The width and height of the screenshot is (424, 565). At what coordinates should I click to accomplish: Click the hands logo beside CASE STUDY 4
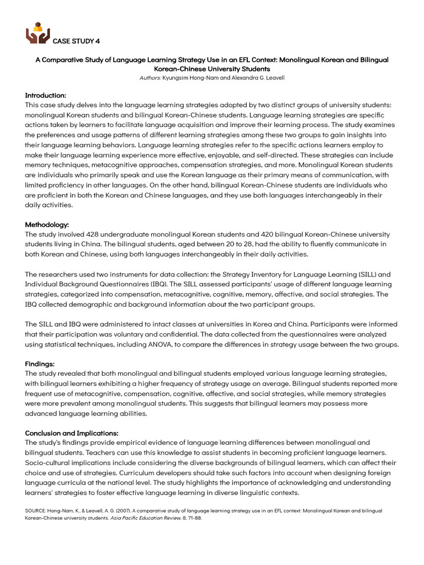38,34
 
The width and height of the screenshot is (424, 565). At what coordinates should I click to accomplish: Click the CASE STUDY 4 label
76,41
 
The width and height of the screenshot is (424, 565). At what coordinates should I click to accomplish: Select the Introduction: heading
45,95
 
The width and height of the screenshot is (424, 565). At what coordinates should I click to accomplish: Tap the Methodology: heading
47,225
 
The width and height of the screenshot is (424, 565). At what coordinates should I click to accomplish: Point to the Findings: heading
40,364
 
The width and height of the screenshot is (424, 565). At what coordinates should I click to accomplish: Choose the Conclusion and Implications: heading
72,433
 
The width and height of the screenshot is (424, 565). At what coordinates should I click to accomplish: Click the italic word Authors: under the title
150,78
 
